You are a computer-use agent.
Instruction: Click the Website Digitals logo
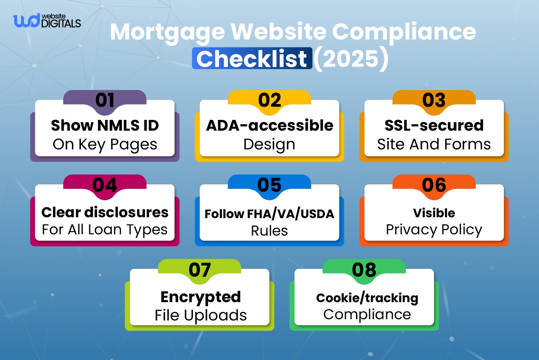click(x=47, y=20)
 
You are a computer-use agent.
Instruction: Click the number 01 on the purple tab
click(x=105, y=101)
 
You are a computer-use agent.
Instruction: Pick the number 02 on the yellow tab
click(x=269, y=101)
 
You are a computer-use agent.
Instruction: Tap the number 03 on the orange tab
click(x=434, y=101)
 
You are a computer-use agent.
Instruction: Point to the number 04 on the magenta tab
click(x=105, y=185)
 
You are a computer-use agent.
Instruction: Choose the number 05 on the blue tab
click(x=269, y=185)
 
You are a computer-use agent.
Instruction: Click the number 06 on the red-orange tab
click(x=434, y=185)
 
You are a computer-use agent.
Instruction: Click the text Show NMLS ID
click(x=105, y=125)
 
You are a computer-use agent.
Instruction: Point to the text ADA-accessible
click(x=269, y=125)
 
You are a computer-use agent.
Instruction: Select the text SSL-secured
click(x=434, y=125)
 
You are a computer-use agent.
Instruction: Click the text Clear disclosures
click(x=105, y=212)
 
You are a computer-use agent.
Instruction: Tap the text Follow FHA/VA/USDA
click(x=269, y=214)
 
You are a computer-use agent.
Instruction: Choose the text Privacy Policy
click(x=434, y=230)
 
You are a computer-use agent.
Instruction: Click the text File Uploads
click(x=200, y=315)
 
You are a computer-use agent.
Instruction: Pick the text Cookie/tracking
click(x=367, y=298)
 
